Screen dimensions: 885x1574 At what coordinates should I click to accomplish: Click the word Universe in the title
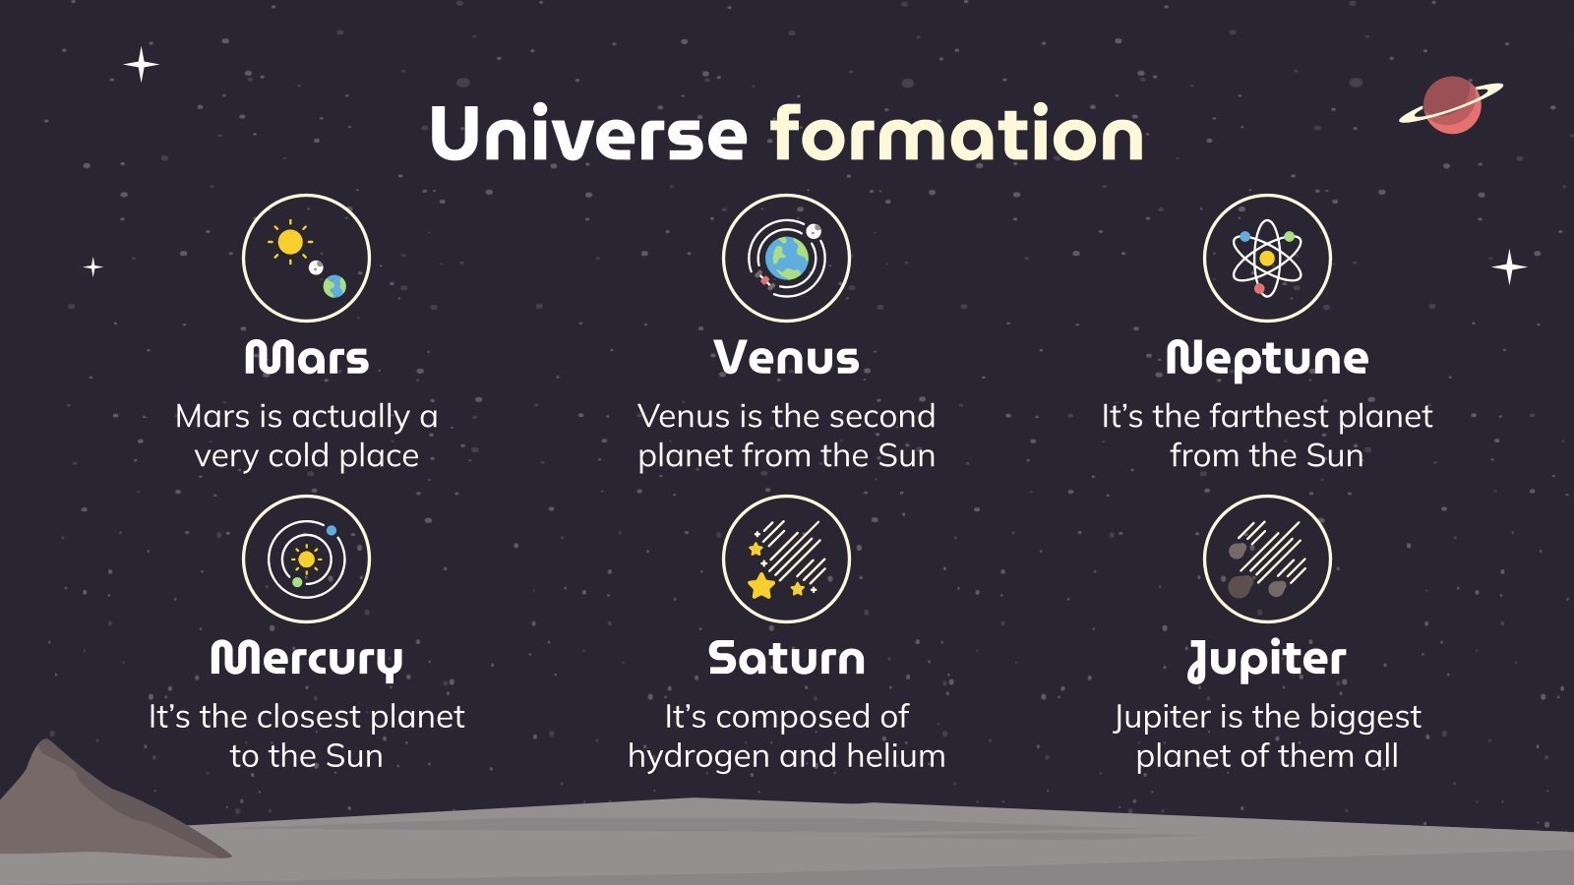pyautogui.click(x=588, y=134)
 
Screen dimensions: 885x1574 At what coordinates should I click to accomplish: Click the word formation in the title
pyautogui.click(x=956, y=134)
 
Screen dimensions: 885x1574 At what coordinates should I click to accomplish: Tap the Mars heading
pyautogui.click(x=306, y=358)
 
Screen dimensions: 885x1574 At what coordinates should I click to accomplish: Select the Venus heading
pyautogui.click(x=786, y=358)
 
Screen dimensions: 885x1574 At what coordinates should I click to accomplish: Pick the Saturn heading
pyautogui.click(x=786, y=659)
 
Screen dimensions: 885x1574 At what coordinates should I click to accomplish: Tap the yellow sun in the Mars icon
pyautogui.click(x=290, y=241)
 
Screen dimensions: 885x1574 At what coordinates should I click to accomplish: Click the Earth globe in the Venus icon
pyautogui.click(x=787, y=259)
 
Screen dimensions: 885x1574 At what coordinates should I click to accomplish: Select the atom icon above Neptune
pyautogui.click(x=1267, y=258)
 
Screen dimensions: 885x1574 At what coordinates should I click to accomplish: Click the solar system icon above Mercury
pyautogui.click(x=306, y=559)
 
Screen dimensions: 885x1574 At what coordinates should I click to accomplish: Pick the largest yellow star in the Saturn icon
pyautogui.click(x=761, y=587)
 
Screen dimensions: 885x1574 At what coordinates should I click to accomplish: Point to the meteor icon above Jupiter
pyautogui.click(x=1267, y=559)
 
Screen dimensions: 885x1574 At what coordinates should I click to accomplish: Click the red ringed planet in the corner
pyautogui.click(x=1451, y=104)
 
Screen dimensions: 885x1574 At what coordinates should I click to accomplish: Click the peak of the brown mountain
pyautogui.click(x=43, y=744)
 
